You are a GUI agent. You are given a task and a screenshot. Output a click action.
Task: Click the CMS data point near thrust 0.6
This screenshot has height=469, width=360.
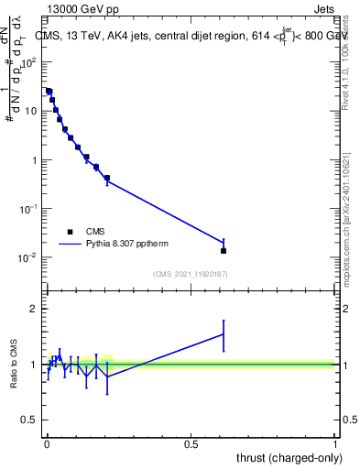pyautogui.click(x=224, y=250)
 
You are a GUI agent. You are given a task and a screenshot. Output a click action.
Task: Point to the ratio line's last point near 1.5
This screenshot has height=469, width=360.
pyautogui.click(x=224, y=334)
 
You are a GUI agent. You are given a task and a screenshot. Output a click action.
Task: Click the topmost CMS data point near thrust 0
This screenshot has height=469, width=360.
pyautogui.click(x=49, y=92)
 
